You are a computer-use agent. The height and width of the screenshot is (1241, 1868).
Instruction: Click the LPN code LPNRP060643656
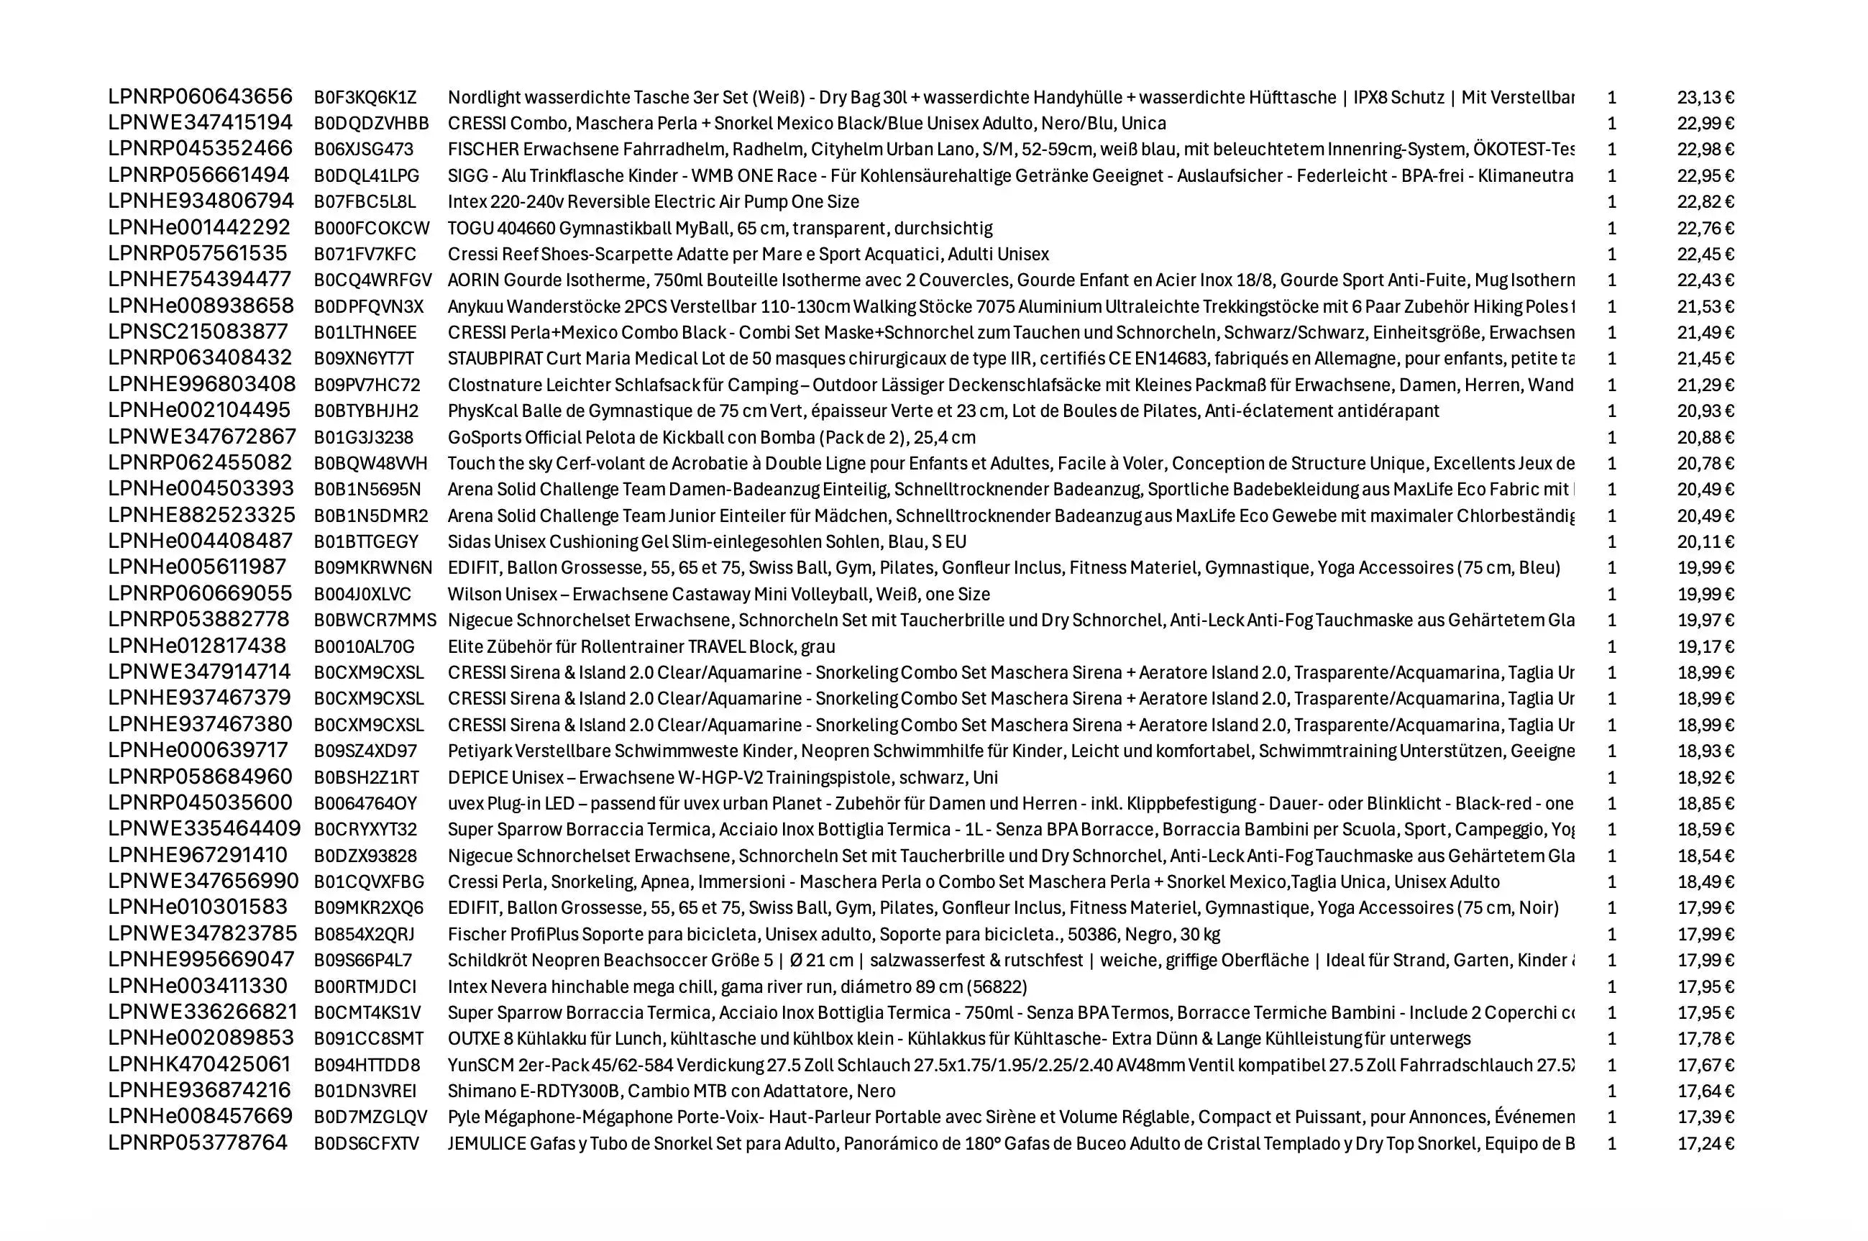click(x=201, y=96)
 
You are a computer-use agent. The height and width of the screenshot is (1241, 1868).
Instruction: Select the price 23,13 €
click(x=1705, y=97)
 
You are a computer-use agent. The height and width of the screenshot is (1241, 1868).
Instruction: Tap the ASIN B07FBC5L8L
click(x=364, y=202)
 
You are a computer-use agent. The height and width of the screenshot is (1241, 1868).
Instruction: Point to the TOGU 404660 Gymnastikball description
click(x=720, y=229)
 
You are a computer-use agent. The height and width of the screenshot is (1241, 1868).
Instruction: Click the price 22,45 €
click(x=1705, y=254)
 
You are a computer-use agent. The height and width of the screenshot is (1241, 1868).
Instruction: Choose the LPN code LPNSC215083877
click(x=198, y=331)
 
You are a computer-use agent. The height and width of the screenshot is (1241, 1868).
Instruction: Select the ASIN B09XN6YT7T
click(x=363, y=359)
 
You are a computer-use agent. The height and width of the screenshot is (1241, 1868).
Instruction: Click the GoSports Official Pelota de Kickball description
click(x=711, y=438)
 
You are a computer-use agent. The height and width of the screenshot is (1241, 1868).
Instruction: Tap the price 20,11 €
click(x=1705, y=542)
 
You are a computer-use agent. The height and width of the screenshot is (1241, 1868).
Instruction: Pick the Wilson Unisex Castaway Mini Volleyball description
click(x=718, y=595)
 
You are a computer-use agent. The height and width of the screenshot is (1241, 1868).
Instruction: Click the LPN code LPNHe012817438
click(x=197, y=646)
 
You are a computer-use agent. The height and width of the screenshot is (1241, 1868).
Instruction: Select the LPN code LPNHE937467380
click(x=201, y=724)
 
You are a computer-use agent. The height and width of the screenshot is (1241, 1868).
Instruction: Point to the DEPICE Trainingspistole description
click(x=722, y=777)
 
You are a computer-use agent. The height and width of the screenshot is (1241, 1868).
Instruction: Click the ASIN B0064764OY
click(x=365, y=803)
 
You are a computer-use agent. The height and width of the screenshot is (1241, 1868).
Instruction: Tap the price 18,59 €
click(x=1705, y=830)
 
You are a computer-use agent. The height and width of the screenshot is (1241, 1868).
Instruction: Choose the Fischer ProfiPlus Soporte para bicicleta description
click(x=833, y=935)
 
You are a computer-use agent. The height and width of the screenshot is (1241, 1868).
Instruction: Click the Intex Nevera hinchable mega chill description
click(x=737, y=987)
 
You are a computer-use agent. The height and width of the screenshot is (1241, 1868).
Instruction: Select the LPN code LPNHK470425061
click(x=199, y=1065)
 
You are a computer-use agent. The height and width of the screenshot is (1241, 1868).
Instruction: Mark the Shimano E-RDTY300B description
click(x=672, y=1091)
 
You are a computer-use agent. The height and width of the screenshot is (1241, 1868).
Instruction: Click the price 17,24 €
click(x=1705, y=1144)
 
